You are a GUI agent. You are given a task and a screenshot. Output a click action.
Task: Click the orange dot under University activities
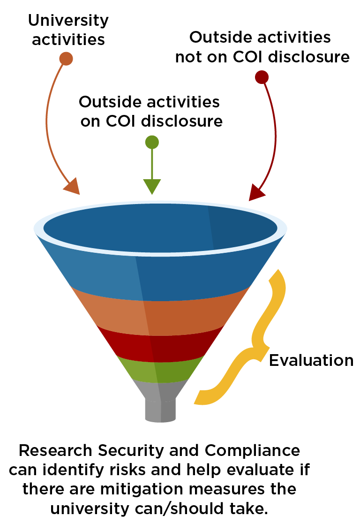(x=67, y=59)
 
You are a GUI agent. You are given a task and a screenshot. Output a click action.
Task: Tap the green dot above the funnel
(x=152, y=142)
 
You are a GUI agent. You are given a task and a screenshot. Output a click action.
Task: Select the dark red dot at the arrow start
(x=261, y=77)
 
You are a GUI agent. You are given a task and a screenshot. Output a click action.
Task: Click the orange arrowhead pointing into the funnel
(x=72, y=187)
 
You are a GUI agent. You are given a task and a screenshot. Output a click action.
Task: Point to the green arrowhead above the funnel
(x=152, y=186)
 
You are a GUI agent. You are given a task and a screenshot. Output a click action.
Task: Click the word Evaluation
(x=311, y=360)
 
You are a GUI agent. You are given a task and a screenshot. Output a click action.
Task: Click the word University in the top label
(x=68, y=21)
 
